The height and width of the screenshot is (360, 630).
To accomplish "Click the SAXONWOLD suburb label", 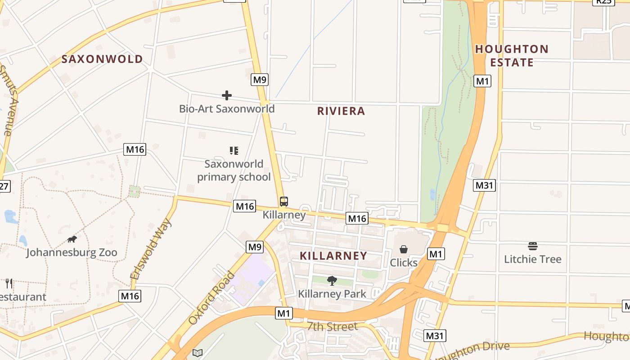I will (102, 59).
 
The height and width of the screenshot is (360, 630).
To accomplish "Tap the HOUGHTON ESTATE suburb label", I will (512, 55).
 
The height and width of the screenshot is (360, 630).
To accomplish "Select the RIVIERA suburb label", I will (341, 111).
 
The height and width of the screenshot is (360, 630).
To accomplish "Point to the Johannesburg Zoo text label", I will (72, 252).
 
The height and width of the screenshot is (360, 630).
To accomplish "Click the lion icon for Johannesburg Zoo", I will (72, 239).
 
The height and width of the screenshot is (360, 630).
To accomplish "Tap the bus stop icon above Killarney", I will (283, 202).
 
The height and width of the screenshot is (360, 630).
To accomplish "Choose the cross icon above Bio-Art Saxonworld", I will (227, 95).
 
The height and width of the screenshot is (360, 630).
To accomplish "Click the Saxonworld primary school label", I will (234, 171).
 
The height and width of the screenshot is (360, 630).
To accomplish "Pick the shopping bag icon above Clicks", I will (404, 249).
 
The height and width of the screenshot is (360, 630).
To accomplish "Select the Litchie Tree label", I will (533, 259).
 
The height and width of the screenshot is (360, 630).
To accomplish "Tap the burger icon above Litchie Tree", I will (533, 246).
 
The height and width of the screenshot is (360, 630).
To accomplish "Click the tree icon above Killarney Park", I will (332, 281).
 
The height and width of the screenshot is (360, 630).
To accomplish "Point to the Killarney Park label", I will (332, 294).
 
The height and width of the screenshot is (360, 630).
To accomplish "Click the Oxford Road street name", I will (211, 298).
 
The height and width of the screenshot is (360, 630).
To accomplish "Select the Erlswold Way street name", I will (151, 249).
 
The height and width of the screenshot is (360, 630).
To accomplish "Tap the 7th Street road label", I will (332, 327).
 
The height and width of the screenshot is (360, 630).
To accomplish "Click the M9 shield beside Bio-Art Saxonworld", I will (260, 80).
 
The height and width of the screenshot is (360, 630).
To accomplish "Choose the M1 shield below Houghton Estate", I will (482, 81).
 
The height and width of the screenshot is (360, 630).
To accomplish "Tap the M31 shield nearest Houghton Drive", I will (435, 335).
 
